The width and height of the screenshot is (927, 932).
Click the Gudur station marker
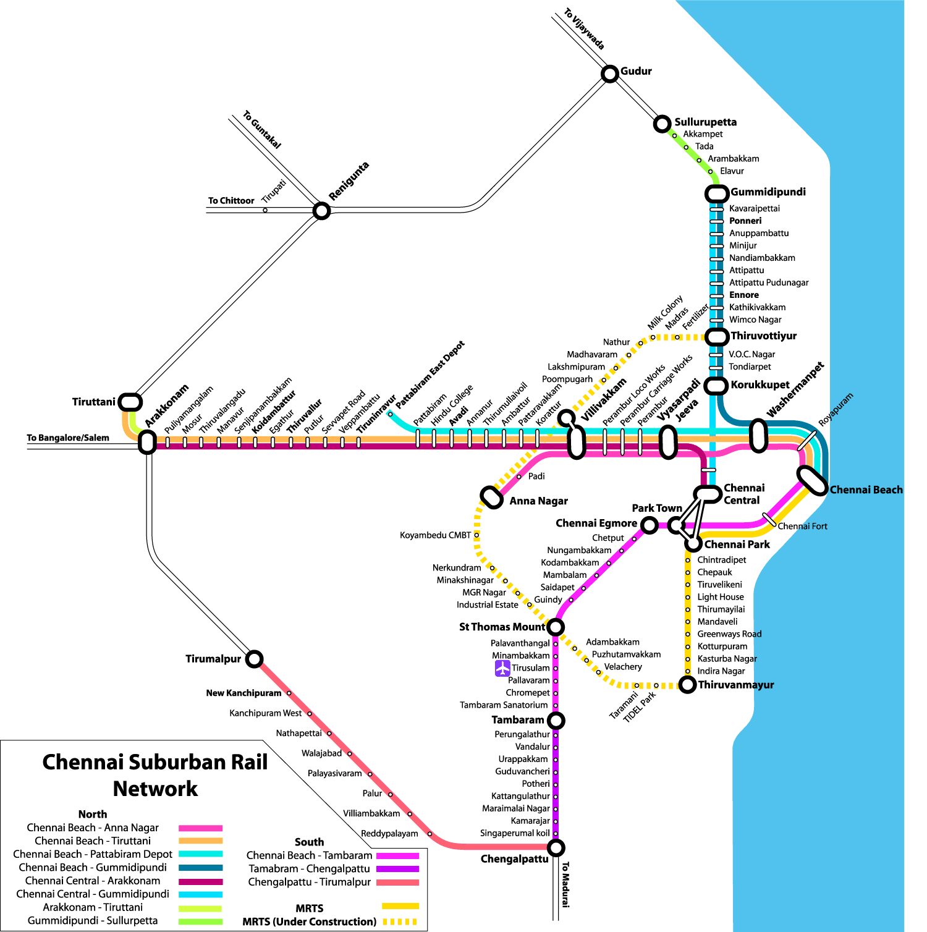610,74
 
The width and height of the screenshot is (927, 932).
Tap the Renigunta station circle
321,211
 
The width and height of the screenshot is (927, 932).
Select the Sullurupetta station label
705,122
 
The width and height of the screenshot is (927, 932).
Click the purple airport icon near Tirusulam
502,668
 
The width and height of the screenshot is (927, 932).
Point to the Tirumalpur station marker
254,659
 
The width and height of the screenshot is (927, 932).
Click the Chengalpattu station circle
556,847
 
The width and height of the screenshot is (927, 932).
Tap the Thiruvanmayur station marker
687,684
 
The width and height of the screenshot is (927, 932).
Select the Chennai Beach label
865,490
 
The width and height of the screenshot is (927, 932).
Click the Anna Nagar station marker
492,497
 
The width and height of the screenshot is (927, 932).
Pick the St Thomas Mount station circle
556,627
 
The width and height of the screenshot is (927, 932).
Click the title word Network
155,789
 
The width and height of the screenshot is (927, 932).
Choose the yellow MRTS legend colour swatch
400,907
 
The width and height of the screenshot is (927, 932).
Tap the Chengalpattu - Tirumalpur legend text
309,882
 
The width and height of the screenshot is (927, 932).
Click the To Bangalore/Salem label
68,438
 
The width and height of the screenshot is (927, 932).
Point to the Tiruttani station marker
130,402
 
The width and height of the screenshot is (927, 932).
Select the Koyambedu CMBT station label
435,535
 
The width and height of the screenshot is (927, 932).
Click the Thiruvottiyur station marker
717,337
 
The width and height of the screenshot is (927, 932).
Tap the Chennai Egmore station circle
649,525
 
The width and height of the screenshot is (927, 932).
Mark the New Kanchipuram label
243,693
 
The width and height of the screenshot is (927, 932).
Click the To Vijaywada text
584,29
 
